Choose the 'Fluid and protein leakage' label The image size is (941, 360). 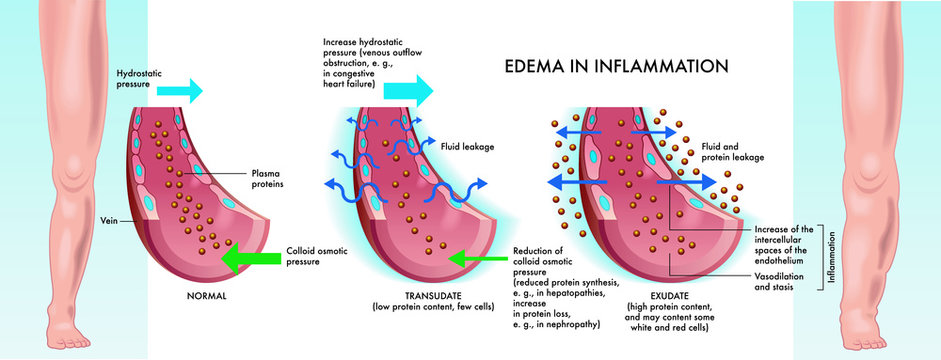pyautogui.click(x=732, y=151)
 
